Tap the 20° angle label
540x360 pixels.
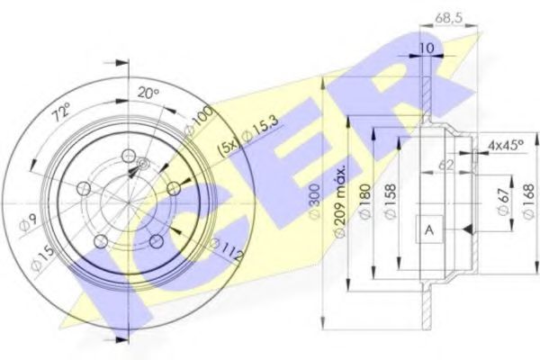(x=148, y=92)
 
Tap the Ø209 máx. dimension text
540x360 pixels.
(x=338, y=199)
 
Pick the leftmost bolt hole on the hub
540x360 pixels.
(x=83, y=187)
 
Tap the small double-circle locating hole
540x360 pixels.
(x=142, y=163)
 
